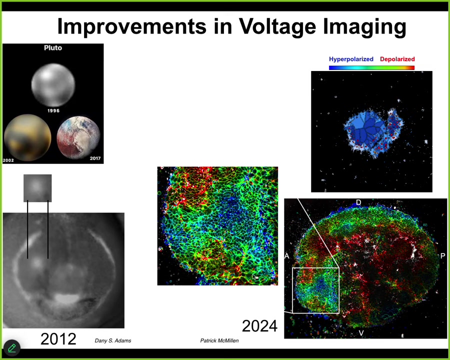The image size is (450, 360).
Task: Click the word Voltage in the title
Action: (277, 26)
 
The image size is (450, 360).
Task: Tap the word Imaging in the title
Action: (365, 26)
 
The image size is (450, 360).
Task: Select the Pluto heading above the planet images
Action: (53, 47)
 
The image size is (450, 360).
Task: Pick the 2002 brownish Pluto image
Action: (27, 137)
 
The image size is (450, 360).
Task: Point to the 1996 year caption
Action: (53, 111)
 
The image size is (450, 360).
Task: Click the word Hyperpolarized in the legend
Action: (351, 59)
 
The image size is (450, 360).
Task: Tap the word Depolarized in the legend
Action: (397, 59)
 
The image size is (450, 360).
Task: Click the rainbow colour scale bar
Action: (371, 68)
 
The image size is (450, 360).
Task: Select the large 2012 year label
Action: (58, 339)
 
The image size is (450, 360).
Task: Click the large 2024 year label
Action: (259, 326)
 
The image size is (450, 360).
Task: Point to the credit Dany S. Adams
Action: (113, 341)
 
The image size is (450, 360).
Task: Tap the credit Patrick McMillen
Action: (219, 341)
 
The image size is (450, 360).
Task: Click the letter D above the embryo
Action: (358, 202)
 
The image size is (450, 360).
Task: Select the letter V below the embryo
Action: (361, 333)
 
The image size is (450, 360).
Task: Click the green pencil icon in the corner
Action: (12, 348)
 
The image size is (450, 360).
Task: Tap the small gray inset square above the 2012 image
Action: (37, 188)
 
